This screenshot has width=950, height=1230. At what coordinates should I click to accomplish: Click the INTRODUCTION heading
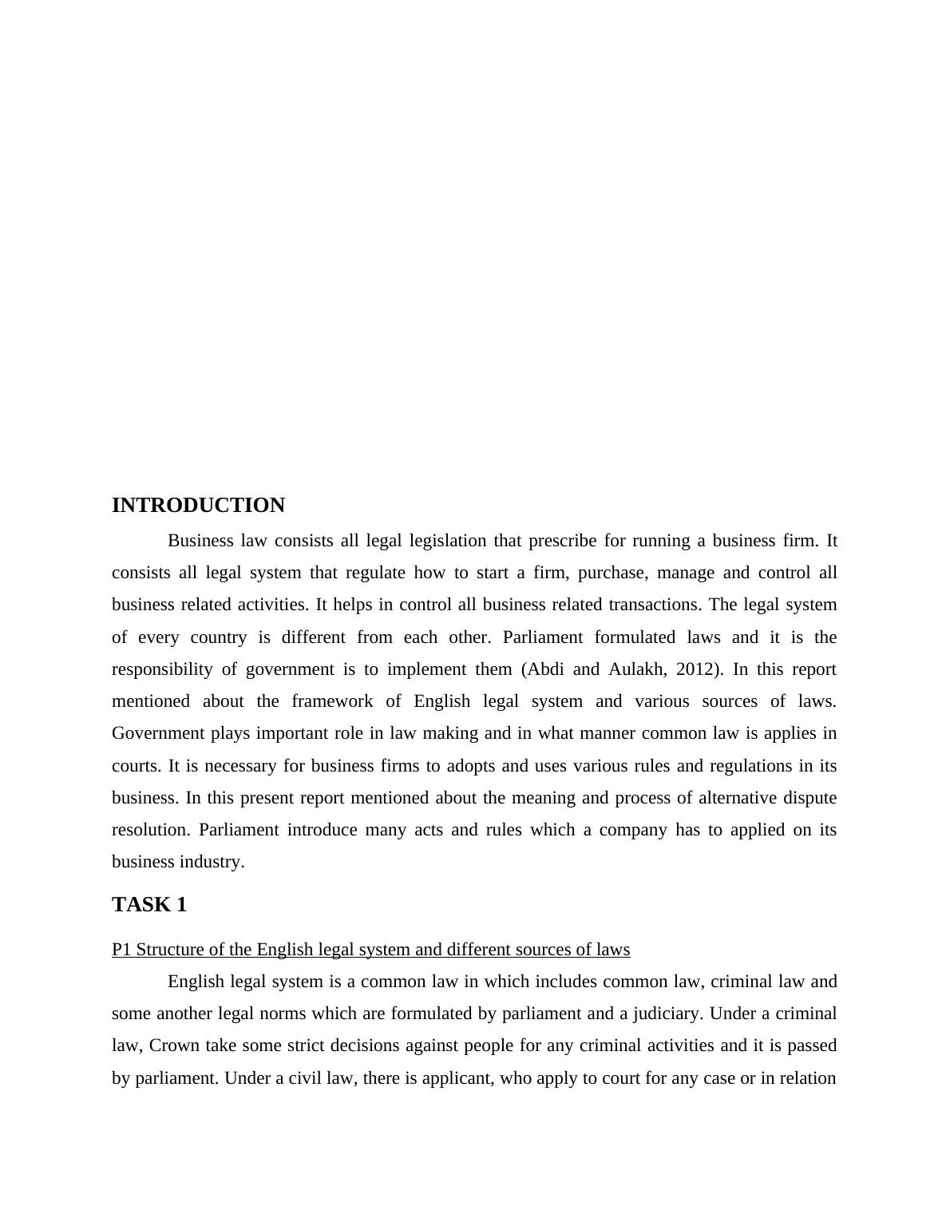pos(198,506)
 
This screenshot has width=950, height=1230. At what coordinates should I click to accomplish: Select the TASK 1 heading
pos(149,905)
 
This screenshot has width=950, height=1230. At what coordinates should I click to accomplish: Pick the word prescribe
pos(562,541)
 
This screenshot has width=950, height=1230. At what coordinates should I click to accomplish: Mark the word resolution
pos(150,830)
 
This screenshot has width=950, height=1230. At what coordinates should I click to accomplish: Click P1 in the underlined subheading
pos(121,950)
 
